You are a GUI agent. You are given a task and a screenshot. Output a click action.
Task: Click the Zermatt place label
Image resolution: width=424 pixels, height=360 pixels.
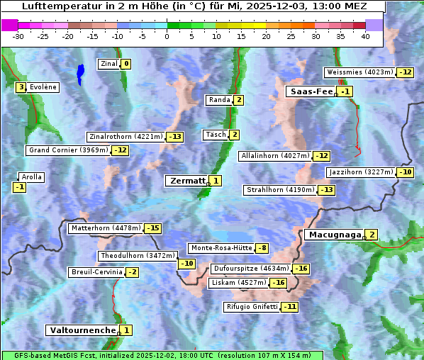[x=186, y=181]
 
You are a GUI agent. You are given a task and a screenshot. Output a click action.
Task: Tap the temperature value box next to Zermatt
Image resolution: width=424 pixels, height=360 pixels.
[x=216, y=181]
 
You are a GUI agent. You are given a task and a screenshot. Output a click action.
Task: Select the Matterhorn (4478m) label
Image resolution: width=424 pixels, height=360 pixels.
[x=106, y=228]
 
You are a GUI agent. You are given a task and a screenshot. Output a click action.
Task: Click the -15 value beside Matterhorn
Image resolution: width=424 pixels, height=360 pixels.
[x=152, y=228]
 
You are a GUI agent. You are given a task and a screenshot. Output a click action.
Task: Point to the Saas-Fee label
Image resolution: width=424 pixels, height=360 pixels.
[x=310, y=91]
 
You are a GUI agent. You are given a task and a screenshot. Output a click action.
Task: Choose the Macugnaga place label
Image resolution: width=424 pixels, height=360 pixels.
[x=333, y=235]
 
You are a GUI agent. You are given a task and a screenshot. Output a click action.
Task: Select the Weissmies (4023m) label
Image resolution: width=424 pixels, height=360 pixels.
[x=359, y=72]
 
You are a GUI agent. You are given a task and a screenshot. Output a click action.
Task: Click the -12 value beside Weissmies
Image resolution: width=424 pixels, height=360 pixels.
[x=405, y=72]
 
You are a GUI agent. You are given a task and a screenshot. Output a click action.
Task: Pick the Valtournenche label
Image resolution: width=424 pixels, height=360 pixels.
[x=82, y=330]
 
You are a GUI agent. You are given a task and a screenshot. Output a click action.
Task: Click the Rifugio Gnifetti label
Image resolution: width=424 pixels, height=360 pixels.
[x=252, y=307]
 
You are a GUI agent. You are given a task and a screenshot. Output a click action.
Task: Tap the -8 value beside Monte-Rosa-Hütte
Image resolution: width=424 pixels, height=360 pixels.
[x=262, y=248]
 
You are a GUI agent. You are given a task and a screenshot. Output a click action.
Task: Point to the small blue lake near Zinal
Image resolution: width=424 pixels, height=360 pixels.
[x=80, y=72]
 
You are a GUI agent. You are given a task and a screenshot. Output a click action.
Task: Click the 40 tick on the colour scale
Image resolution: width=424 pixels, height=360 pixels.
[x=365, y=36]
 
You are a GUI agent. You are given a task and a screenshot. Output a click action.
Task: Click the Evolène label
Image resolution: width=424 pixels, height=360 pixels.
[x=43, y=87]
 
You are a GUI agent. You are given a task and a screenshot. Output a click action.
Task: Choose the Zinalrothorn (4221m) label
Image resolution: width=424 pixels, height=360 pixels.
[x=125, y=137]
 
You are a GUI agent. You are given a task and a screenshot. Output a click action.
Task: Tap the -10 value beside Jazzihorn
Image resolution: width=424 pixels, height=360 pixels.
[x=405, y=172]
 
